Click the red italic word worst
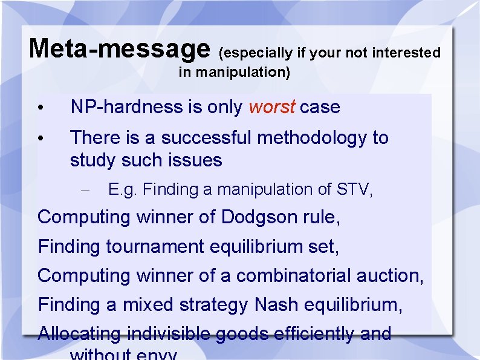271,107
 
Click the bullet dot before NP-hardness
39,108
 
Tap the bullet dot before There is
39,139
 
